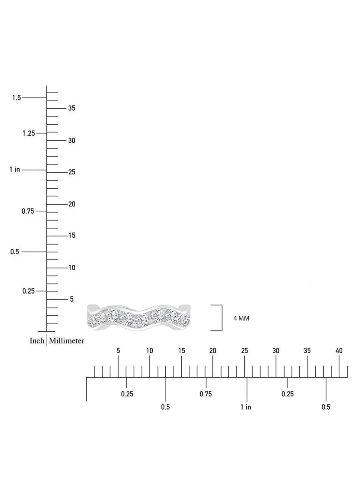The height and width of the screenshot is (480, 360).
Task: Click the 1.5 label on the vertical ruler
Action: pyautogui.click(x=17, y=98)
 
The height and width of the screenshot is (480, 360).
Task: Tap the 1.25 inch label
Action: pyautogui.click(x=29, y=133)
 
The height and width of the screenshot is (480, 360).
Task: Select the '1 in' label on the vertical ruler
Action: pyautogui.click(x=15, y=170)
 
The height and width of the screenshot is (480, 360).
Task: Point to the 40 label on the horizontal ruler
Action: pyautogui.click(x=339, y=350)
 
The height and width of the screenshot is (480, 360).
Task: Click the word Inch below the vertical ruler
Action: pyautogui.click(x=37, y=340)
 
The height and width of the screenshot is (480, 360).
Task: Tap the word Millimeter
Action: pyautogui.click(x=66, y=340)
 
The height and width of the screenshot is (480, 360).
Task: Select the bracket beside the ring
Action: pyautogui.click(x=222, y=318)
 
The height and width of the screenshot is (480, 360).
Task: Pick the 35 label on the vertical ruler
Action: pyautogui.click(x=72, y=108)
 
